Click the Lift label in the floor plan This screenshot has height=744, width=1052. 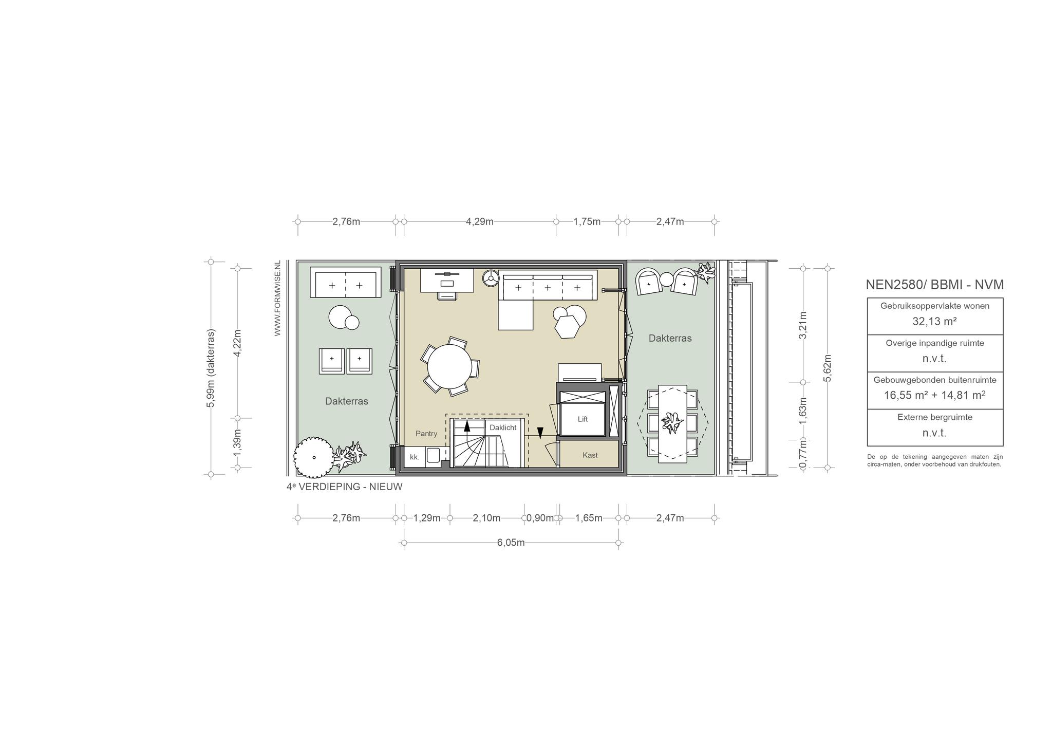pyautogui.click(x=583, y=419)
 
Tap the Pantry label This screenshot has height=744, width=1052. pyautogui.click(x=426, y=434)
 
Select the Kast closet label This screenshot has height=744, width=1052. pyautogui.click(x=590, y=455)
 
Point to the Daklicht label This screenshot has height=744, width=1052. pyautogui.click(x=503, y=427)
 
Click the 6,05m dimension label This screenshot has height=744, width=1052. pyautogui.click(x=511, y=543)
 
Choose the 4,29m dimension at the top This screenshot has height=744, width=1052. pyautogui.click(x=480, y=221)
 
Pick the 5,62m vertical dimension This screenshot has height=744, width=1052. pyautogui.click(x=828, y=368)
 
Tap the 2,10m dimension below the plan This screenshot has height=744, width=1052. pyautogui.click(x=486, y=518)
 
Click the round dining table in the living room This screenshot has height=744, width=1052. pyautogui.click(x=449, y=366)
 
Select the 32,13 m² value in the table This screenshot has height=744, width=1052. pyautogui.click(x=935, y=322)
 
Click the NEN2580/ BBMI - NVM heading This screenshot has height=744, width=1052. pyautogui.click(x=935, y=285)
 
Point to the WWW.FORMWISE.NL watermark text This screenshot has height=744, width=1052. pyautogui.click(x=277, y=298)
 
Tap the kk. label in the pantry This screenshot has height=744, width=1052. pyautogui.click(x=415, y=457)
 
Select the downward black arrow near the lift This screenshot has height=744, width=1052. pyautogui.click(x=540, y=433)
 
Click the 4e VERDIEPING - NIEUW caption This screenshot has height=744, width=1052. pyautogui.click(x=345, y=487)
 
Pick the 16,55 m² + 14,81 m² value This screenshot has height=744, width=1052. pyautogui.click(x=935, y=395)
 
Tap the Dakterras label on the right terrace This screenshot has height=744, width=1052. pyautogui.click(x=670, y=338)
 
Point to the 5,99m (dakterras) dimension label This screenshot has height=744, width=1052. pyautogui.click(x=211, y=368)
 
